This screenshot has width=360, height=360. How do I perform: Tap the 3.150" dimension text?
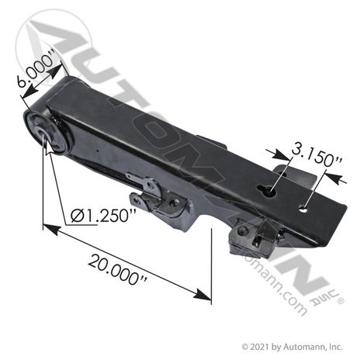317,155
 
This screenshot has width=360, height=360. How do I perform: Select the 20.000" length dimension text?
118,270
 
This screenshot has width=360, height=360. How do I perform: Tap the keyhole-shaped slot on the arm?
267,191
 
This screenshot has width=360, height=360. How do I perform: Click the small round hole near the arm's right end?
303,209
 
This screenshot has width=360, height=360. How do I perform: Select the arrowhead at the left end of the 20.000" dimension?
50,230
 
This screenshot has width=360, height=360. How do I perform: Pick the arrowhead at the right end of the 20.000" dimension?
202,294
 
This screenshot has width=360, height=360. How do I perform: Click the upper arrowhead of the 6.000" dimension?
56,71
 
